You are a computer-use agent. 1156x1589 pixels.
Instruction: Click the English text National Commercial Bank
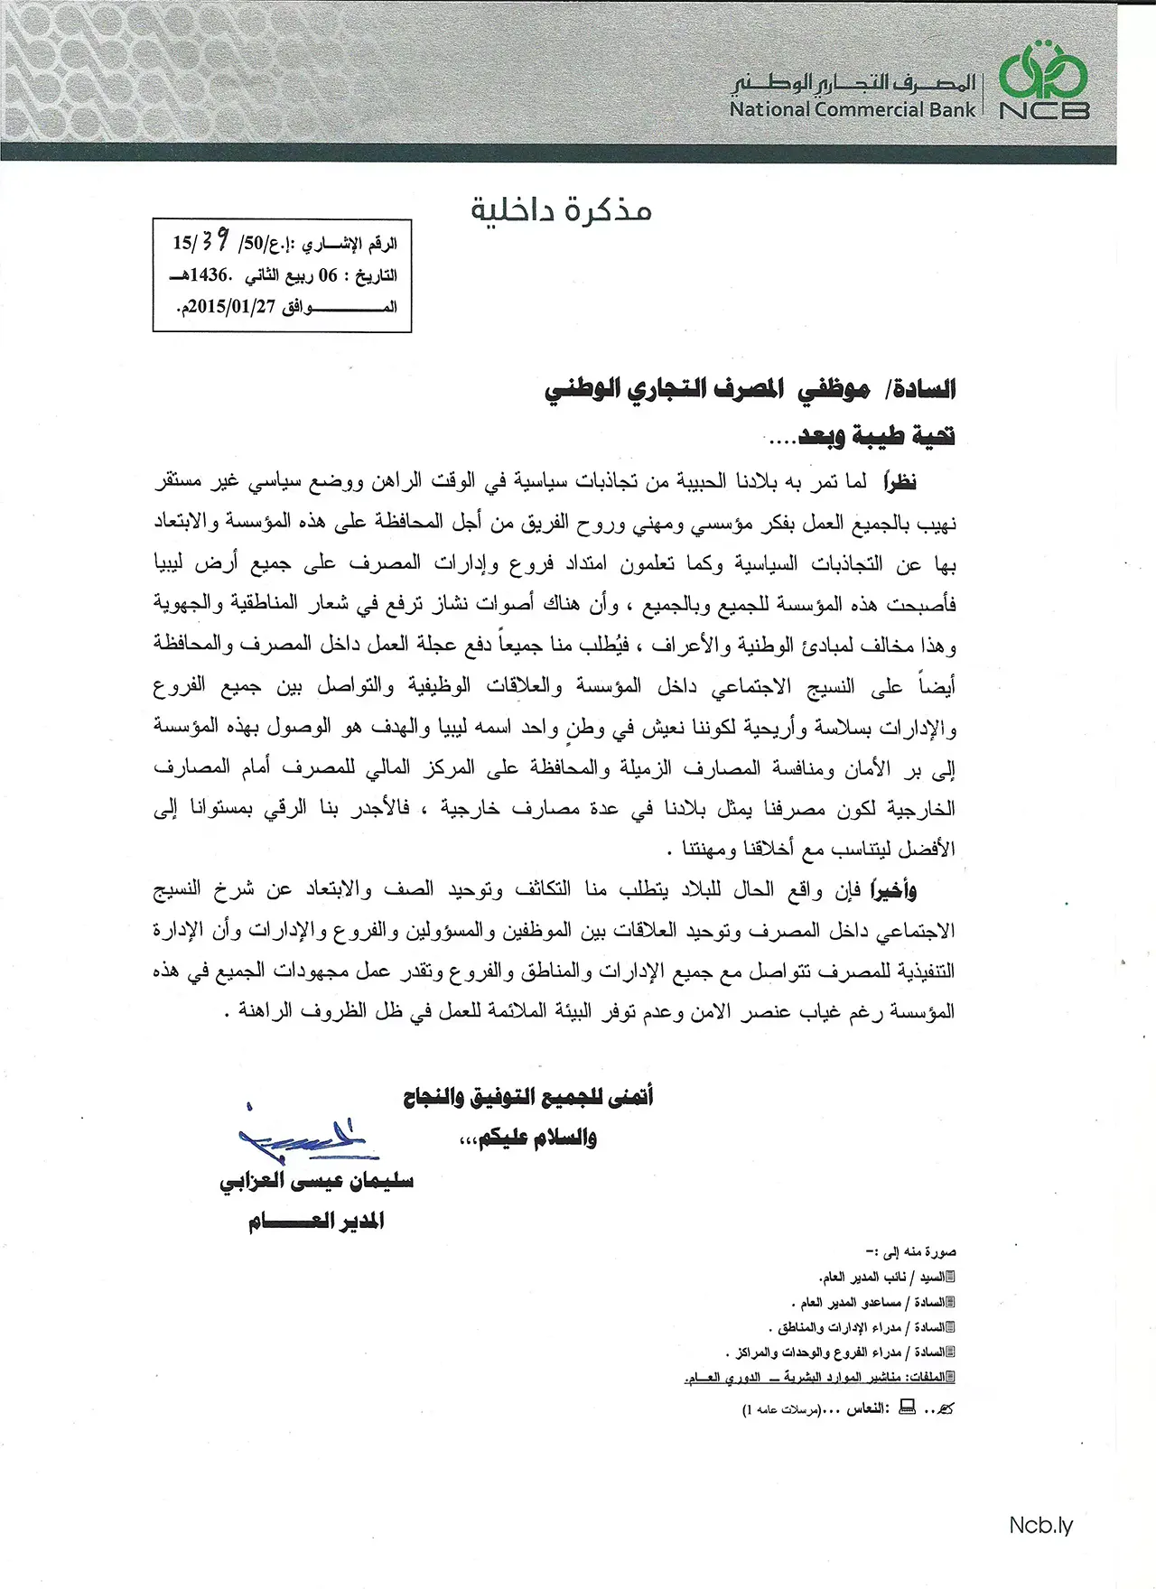tap(853, 110)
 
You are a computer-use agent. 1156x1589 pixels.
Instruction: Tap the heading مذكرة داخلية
tap(561, 210)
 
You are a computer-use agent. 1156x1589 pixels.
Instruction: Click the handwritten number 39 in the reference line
tap(213, 242)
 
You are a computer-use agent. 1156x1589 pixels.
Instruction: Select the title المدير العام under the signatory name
tap(316, 1222)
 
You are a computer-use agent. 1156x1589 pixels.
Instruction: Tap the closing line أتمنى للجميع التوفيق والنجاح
tap(528, 1098)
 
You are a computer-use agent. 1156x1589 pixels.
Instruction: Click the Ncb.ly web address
tap(1040, 1526)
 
